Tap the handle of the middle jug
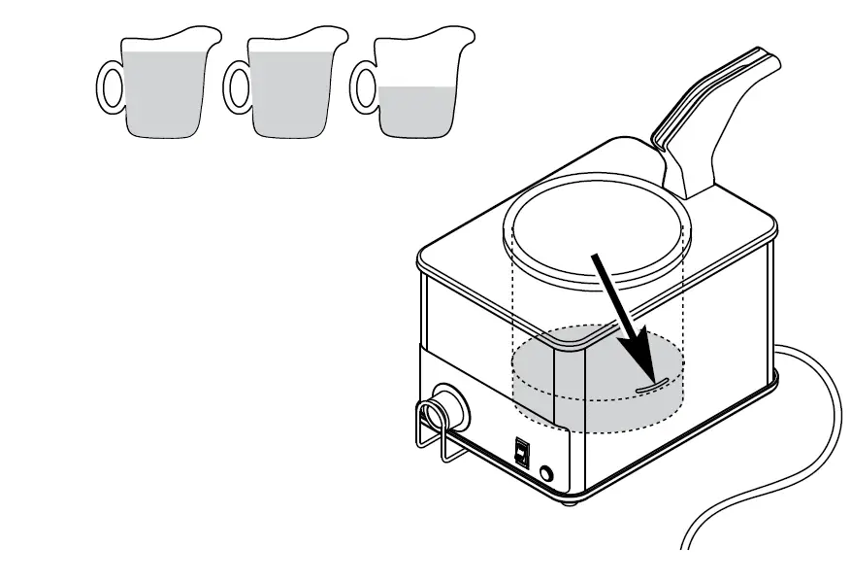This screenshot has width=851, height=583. [x=233, y=86]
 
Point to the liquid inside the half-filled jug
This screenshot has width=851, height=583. [x=417, y=111]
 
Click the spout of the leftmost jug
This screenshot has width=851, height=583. [x=210, y=40]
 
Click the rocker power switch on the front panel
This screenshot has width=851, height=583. [x=522, y=453]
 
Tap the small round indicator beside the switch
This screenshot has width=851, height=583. [x=546, y=473]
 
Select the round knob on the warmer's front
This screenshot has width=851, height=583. [x=449, y=409]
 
